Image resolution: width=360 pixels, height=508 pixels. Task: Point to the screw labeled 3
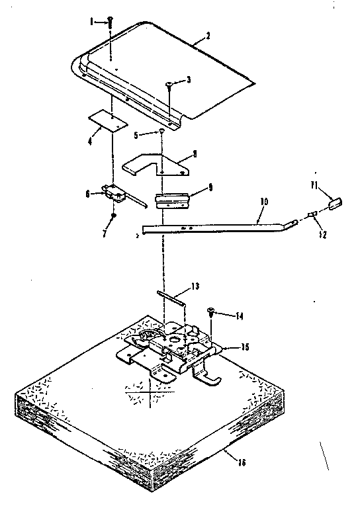[x=170, y=84]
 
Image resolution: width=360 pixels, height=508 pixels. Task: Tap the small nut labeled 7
[x=113, y=216]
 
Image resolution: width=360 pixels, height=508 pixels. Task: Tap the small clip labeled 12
[x=312, y=213]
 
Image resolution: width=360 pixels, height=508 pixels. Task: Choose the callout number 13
[x=194, y=286]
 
